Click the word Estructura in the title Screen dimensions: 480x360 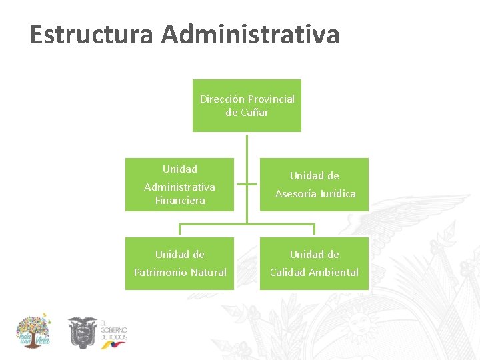coord(91,35)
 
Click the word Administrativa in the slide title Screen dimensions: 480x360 coord(250,35)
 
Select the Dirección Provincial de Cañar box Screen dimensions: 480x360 coord(247,105)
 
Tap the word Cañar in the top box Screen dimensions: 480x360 coord(255,113)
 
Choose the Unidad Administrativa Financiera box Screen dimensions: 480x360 coord(179,185)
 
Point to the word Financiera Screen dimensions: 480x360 coord(180,201)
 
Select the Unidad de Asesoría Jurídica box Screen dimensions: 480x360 coord(314,185)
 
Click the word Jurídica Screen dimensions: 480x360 coord(336,194)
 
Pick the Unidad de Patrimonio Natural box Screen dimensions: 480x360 coord(179,263)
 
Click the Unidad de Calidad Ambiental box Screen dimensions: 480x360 coord(314,263)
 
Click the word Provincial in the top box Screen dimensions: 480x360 coord(271,99)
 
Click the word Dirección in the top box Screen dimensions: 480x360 coord(222,99)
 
